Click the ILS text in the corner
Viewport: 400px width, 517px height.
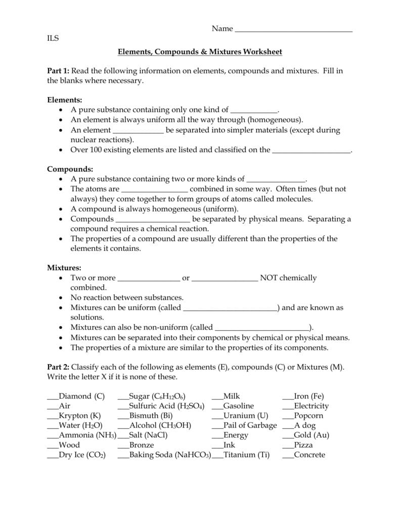53,38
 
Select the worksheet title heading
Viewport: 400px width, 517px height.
200,51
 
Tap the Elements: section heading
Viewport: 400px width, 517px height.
64,100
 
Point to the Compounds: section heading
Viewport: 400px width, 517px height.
70,169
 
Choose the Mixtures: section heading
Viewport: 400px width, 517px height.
64,268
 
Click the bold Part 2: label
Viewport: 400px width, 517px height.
58,367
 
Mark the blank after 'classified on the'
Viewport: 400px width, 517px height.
311,150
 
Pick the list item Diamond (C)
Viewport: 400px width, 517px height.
81,396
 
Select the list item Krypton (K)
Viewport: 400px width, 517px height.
80,416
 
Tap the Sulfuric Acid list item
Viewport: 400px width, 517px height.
166,406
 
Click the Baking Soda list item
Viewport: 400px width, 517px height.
169,455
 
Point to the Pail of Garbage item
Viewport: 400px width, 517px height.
250,426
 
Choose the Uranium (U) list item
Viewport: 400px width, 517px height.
245,416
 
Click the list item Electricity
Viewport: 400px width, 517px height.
311,406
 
